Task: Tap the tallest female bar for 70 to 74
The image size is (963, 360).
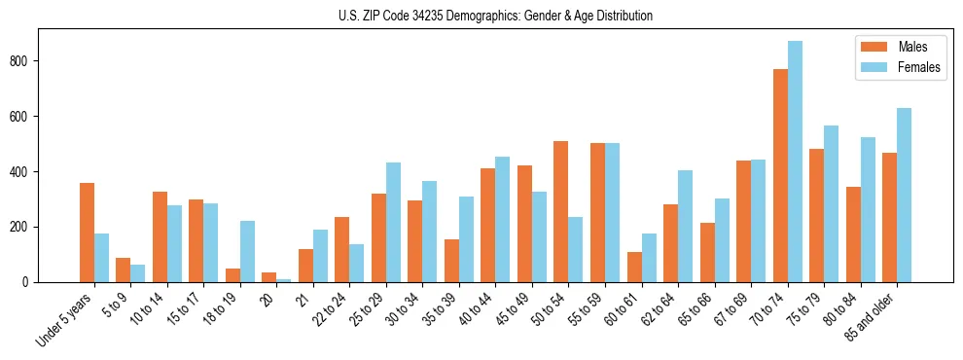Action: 795,162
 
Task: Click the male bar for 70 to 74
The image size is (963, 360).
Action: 780,175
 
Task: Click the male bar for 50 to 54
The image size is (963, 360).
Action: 561,211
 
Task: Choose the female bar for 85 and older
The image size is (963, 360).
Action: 904,195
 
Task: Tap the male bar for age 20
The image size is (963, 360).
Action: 269,277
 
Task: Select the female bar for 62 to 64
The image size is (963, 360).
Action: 686,226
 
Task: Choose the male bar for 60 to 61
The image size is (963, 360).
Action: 634,267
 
